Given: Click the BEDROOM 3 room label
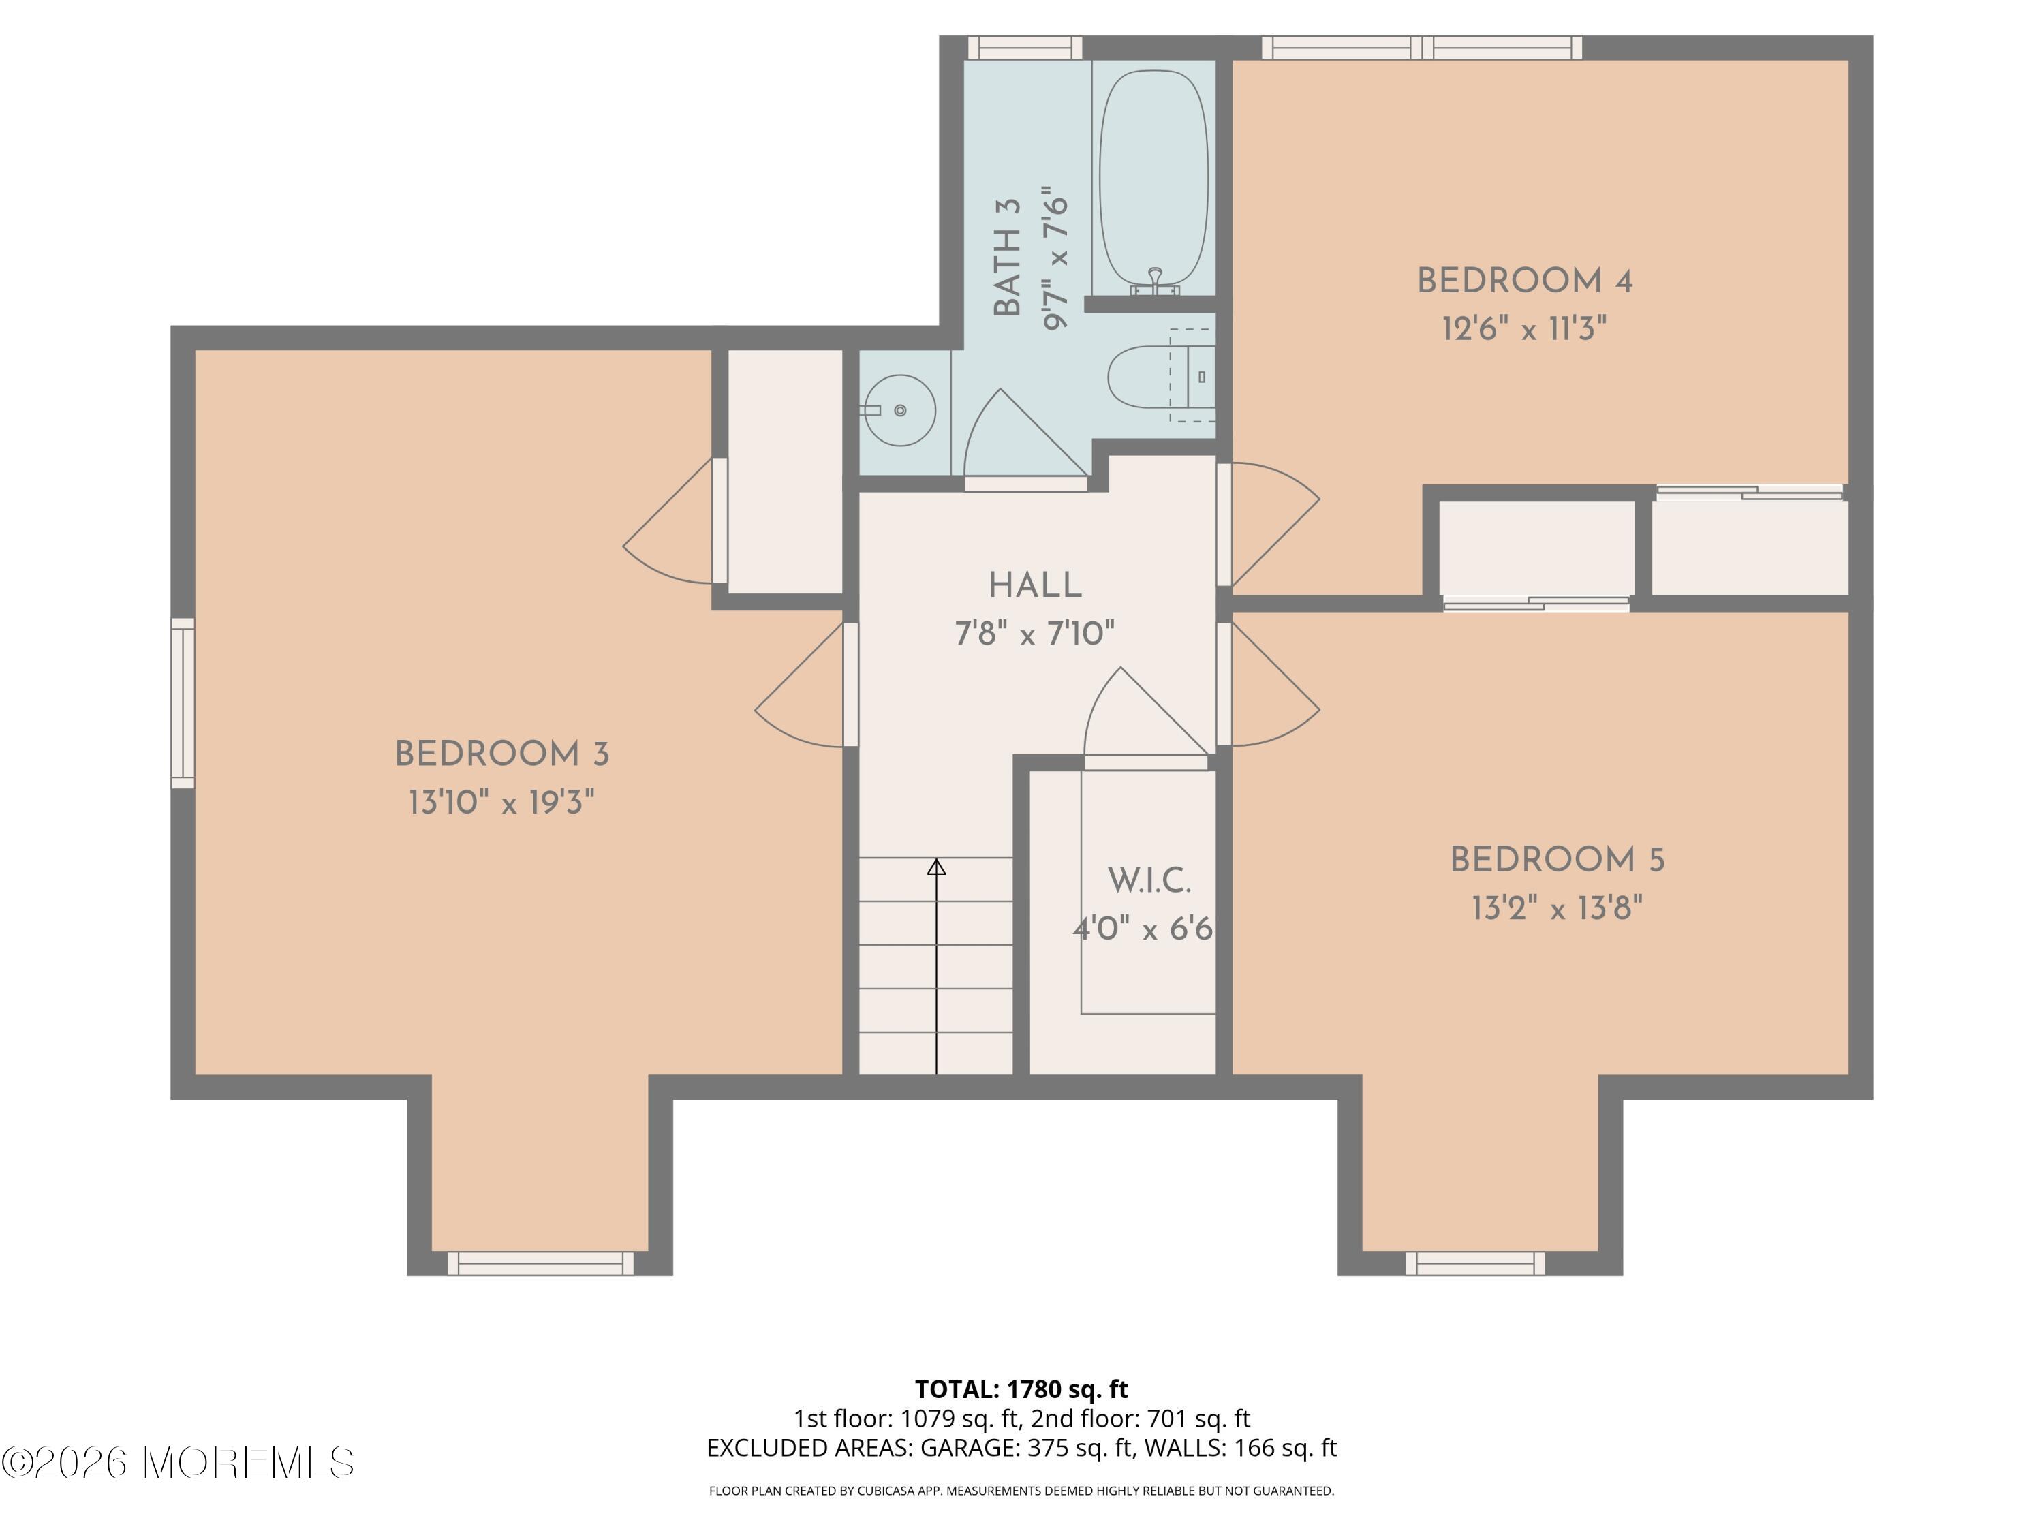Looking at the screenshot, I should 501,754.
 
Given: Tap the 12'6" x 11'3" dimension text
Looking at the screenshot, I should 1523,329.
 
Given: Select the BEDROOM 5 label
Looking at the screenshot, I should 1557,861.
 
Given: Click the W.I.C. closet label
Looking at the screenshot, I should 1149,880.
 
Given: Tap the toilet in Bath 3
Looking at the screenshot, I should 1146,376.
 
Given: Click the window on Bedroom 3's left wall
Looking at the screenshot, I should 183,703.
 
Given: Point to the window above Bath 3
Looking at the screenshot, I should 1024,47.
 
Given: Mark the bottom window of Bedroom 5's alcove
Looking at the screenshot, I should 1475,1263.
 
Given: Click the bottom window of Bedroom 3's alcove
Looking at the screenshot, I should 540,1263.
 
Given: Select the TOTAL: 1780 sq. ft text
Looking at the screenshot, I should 1021,1389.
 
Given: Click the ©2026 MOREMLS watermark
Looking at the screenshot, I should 177,1463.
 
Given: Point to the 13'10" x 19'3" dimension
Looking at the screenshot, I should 501,802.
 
